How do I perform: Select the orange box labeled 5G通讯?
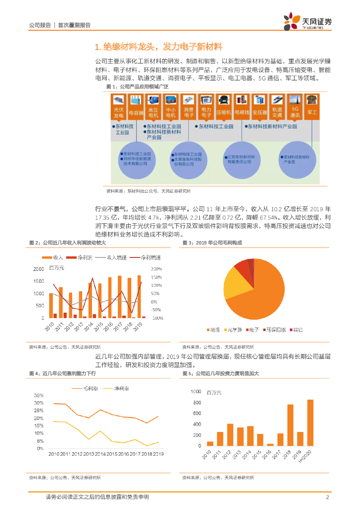(294, 112)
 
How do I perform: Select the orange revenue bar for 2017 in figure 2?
(119, 297)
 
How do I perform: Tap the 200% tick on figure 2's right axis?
(156, 269)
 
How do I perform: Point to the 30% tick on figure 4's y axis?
(39, 403)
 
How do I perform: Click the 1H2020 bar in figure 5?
(310, 423)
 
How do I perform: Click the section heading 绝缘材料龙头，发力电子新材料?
(158, 47)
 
